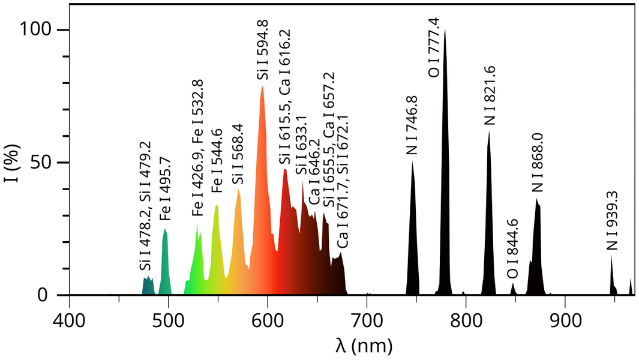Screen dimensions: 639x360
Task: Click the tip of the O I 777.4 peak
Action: tap(445, 30)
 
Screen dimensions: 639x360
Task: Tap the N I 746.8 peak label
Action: tap(412, 125)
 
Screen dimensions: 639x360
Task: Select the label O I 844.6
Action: tap(512, 248)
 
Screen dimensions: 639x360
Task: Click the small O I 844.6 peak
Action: tap(512, 289)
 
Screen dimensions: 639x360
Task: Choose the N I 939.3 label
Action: tap(612, 221)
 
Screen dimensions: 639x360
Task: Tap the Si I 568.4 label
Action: tap(237, 154)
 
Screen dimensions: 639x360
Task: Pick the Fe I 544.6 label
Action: tap(217, 161)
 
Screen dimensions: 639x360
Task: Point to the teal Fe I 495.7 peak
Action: tap(165, 262)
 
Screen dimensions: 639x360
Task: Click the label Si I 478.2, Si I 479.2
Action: tap(145, 206)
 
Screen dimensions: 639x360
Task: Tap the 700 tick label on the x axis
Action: tap(367, 321)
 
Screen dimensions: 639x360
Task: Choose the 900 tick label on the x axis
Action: tap(565, 321)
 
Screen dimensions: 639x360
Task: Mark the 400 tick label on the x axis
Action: tap(69, 321)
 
